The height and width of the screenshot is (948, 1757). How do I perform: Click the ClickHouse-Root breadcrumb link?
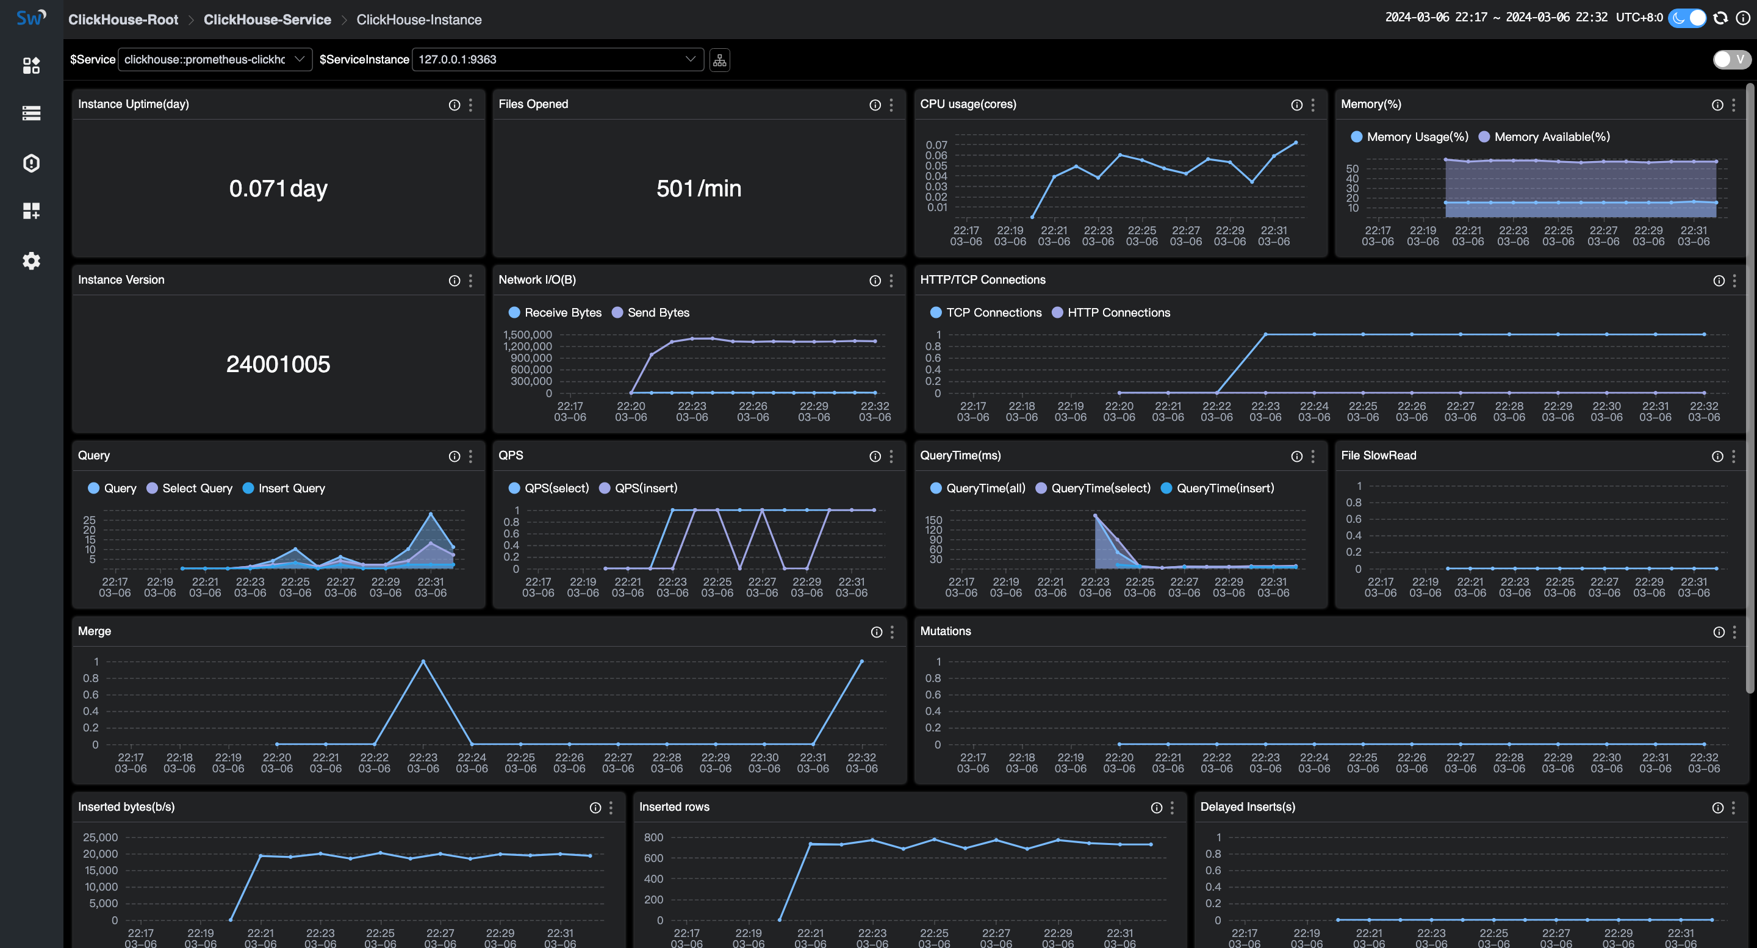(123, 20)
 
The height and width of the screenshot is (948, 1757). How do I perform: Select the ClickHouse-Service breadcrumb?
(267, 20)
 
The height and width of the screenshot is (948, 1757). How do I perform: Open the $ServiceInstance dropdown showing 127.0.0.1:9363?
(556, 59)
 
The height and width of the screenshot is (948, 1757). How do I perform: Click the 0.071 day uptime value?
(278, 189)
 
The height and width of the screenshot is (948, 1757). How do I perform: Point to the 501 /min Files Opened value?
(698, 189)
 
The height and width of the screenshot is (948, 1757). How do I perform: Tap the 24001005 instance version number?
(278, 364)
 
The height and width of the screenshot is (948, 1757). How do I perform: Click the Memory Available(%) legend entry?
(1551, 137)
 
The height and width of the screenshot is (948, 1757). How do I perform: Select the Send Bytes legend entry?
(658, 313)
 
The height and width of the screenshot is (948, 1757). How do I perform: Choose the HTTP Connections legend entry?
(1118, 313)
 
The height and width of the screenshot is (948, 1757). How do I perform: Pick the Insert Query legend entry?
(291, 488)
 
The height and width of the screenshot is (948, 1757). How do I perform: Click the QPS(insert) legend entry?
(645, 488)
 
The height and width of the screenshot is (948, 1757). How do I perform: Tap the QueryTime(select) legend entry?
(1100, 488)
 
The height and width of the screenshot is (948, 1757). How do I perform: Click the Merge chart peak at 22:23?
(423, 661)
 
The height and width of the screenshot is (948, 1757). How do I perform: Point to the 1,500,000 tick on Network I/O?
(527, 335)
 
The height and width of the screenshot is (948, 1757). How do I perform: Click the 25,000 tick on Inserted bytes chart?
(100, 838)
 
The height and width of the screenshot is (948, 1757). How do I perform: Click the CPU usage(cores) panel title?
(968, 104)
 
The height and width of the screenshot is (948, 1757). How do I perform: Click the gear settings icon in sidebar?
(31, 261)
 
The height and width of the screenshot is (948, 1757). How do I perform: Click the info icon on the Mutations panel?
(1718, 632)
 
